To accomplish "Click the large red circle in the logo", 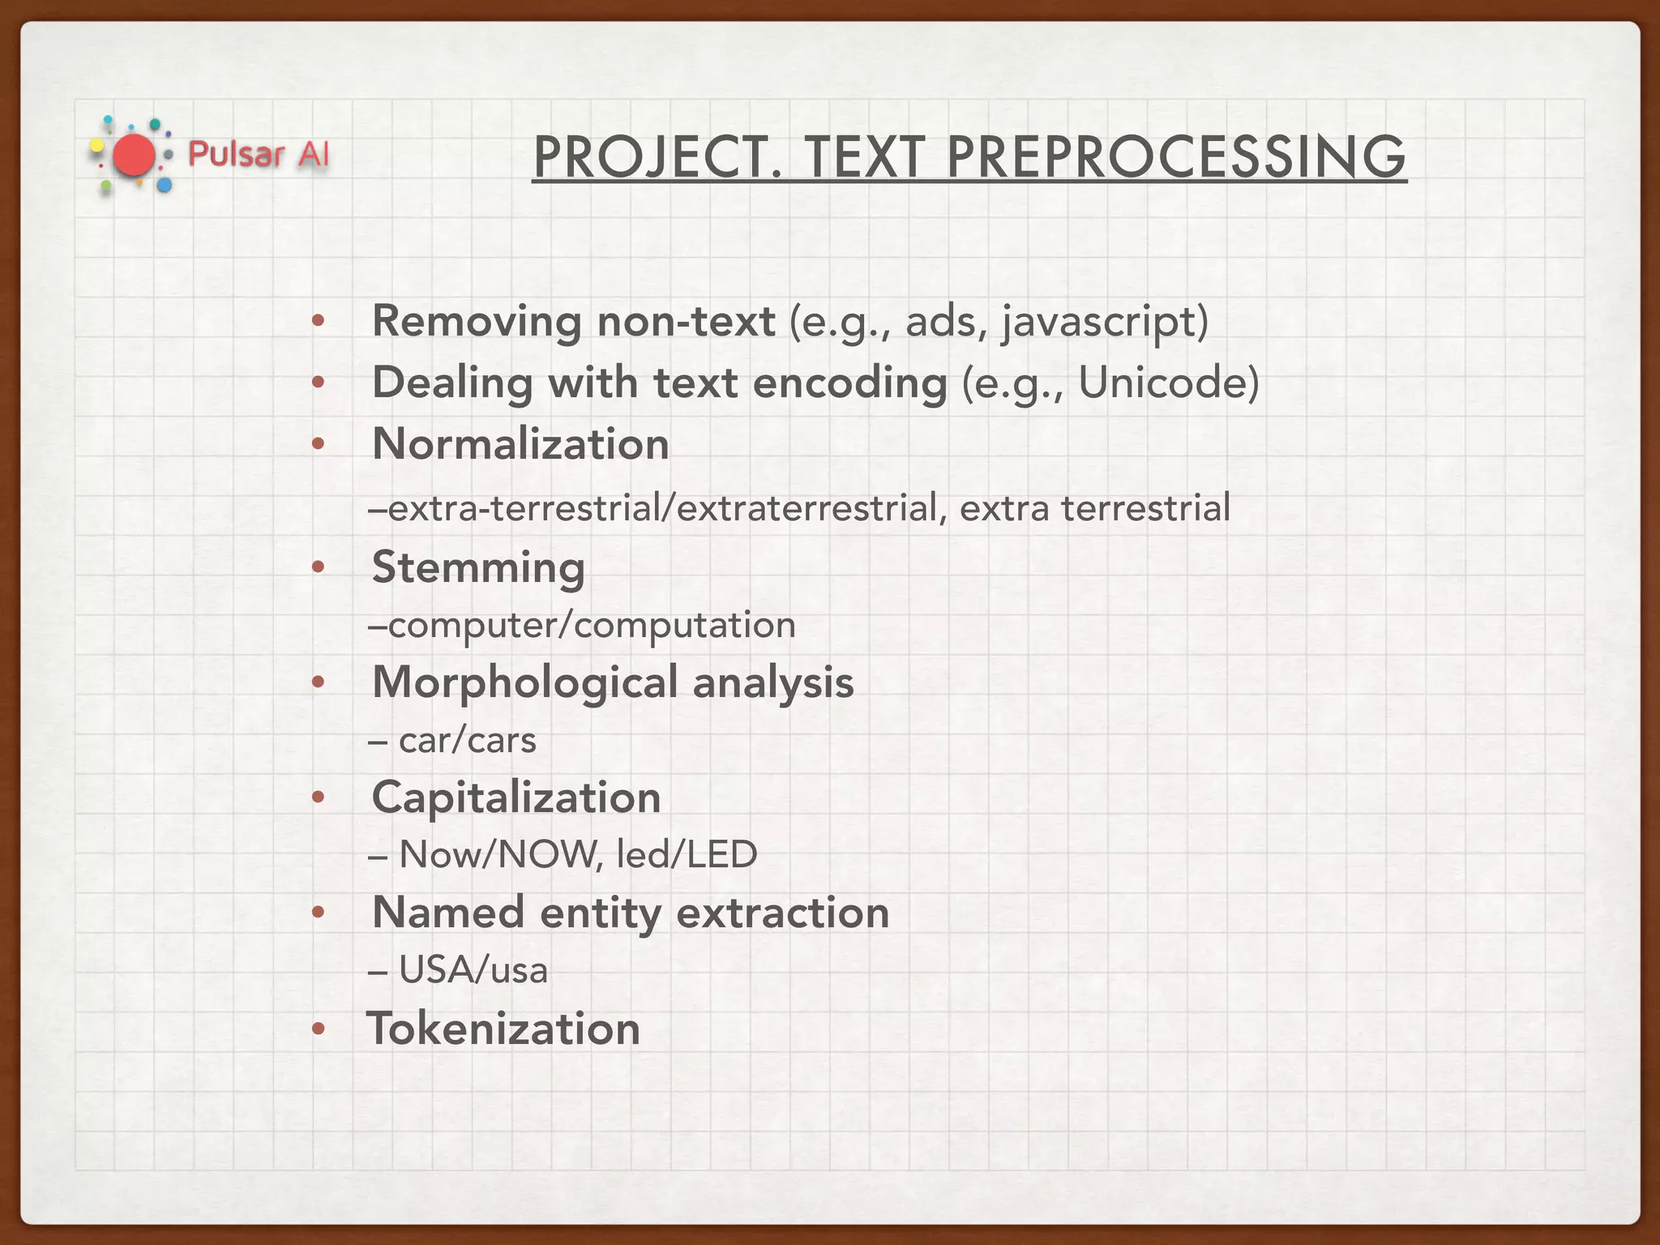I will coord(134,156).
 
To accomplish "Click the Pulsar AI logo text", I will coord(259,154).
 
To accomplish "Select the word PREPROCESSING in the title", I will coord(1176,157).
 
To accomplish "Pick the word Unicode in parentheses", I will coord(1167,383).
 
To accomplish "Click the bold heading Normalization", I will coord(520,444).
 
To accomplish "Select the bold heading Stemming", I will coord(478,567).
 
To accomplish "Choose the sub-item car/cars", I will coord(467,740).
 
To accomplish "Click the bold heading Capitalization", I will coord(516,798).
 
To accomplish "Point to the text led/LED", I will coord(687,854).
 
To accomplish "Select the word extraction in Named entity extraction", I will coord(782,913).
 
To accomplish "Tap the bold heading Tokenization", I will coord(504,1029).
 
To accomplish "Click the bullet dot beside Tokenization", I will coord(319,1029).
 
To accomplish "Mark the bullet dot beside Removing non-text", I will coord(319,322).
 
